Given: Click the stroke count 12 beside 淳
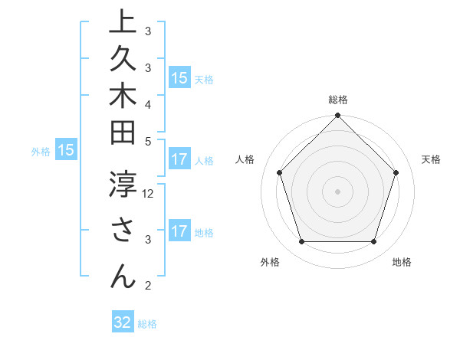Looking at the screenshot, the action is pos(149,193).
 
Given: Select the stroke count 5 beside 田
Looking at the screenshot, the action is pos(148,140).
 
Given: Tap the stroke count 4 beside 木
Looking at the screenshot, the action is pos(148,103).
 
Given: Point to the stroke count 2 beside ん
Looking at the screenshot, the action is pos(148,286).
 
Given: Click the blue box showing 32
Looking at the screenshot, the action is pos(123,322).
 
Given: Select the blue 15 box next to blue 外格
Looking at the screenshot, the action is pos(66,151).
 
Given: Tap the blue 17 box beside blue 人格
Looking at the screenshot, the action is pos(179,160).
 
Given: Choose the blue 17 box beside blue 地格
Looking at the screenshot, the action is pos(179,232).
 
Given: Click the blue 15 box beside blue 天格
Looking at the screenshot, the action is pos(179,78).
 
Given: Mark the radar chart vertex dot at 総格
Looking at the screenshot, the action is pos(337,116).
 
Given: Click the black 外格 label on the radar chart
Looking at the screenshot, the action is pos(270,263).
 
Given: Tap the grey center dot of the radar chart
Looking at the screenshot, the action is pos(337,191).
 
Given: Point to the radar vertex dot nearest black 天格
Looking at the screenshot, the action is pos(396,172).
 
